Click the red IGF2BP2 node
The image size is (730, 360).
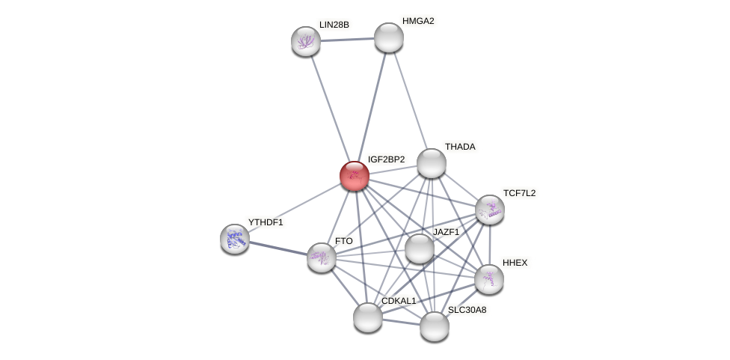point(354,176)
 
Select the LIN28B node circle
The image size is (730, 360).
point(305,41)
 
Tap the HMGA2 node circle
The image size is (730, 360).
point(388,37)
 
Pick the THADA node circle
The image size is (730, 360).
point(431,163)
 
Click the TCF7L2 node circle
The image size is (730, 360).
point(489,210)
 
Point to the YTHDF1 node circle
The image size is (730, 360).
point(235,238)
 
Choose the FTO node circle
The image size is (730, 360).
point(322,257)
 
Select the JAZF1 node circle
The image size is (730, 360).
point(419,248)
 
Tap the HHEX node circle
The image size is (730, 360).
point(488,278)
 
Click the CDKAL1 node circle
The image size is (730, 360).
point(367,317)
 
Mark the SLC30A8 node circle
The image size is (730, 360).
point(434,326)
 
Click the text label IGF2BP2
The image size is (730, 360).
point(386,159)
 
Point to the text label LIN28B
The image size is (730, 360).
point(334,25)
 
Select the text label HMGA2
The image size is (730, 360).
point(417,21)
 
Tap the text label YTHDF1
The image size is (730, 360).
point(266,222)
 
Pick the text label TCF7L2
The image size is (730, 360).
point(519,193)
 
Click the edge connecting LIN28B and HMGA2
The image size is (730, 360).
point(347,39)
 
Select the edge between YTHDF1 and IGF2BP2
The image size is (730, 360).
point(295,207)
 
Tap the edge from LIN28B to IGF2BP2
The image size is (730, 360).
point(329,108)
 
